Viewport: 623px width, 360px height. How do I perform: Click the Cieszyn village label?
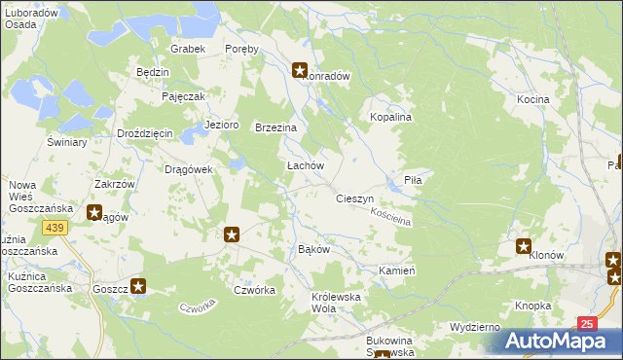[x=354, y=198]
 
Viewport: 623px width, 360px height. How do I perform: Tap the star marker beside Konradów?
[x=300, y=70]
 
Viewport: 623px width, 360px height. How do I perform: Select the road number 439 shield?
[x=54, y=227]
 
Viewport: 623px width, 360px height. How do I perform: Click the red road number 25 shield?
[x=585, y=323]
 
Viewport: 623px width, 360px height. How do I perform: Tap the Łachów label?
[x=304, y=165]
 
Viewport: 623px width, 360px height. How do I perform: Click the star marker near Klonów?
[x=524, y=247]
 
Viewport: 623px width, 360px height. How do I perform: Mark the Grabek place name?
[x=186, y=49]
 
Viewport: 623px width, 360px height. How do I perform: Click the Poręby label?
[x=241, y=49]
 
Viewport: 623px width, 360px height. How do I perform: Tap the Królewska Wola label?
[x=337, y=303]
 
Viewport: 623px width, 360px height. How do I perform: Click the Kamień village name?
[x=397, y=270]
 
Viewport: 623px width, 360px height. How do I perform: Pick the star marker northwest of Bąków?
[x=232, y=234]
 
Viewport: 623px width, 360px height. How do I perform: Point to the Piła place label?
[x=425, y=180]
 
